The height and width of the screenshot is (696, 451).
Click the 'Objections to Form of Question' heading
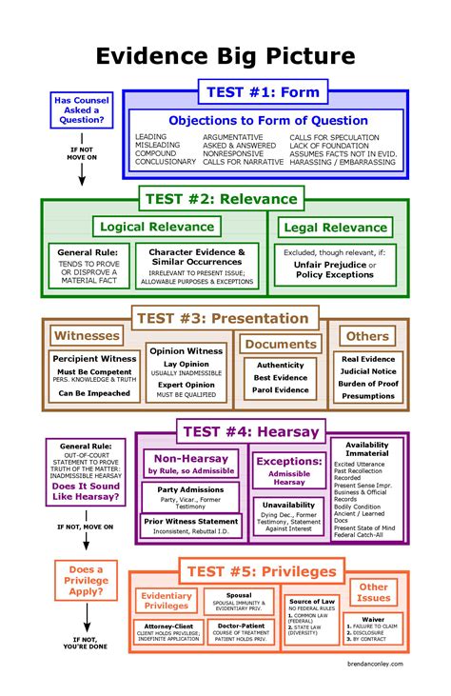[x=268, y=120]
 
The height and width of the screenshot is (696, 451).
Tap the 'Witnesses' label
[x=87, y=335]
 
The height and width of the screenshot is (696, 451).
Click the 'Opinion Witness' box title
[x=187, y=350]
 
